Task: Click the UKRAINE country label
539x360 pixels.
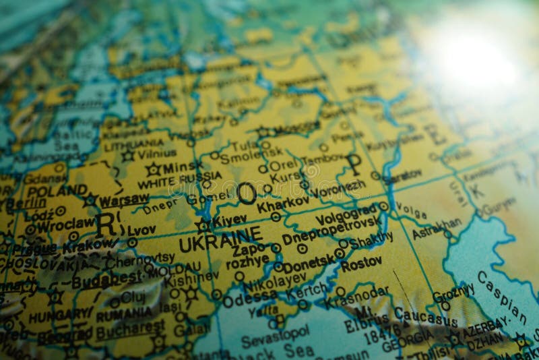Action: pos(220,239)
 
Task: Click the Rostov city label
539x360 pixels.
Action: pos(361,265)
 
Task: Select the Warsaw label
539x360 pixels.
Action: pos(124,199)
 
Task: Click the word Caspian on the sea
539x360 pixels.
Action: pos(502,297)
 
